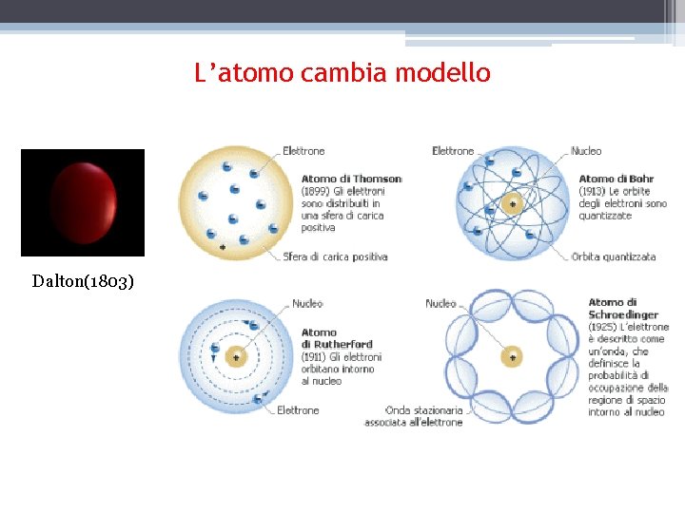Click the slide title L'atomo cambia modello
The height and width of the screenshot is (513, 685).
coord(342,72)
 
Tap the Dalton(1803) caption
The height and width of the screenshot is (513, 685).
coord(83,281)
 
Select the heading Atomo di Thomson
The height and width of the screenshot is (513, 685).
coord(351,179)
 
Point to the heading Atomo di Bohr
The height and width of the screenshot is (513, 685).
coord(616,179)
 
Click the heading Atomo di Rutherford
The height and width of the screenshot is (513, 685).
coord(336,338)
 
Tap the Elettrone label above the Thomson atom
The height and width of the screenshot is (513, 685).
coord(303,151)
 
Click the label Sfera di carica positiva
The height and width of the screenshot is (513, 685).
coord(335,257)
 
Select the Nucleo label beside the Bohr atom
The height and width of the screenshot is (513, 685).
coord(586,151)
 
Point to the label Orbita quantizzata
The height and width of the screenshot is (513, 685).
coord(614,257)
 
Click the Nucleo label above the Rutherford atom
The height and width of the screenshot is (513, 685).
coord(307,304)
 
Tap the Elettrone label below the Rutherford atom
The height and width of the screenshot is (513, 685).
coord(298,410)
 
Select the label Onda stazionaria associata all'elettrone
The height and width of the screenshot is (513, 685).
coord(414,416)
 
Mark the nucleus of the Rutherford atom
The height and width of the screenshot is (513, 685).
coord(235,357)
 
